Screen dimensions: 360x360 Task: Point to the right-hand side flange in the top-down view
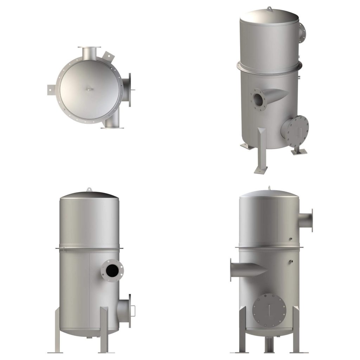(130, 90)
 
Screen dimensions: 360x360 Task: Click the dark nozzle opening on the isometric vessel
(258, 99)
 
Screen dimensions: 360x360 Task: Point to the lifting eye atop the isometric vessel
(269, 8)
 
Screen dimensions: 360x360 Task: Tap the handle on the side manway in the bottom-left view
(133, 310)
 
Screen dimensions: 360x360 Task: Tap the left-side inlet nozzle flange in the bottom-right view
(231, 270)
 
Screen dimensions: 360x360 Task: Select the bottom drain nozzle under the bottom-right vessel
(269, 342)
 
